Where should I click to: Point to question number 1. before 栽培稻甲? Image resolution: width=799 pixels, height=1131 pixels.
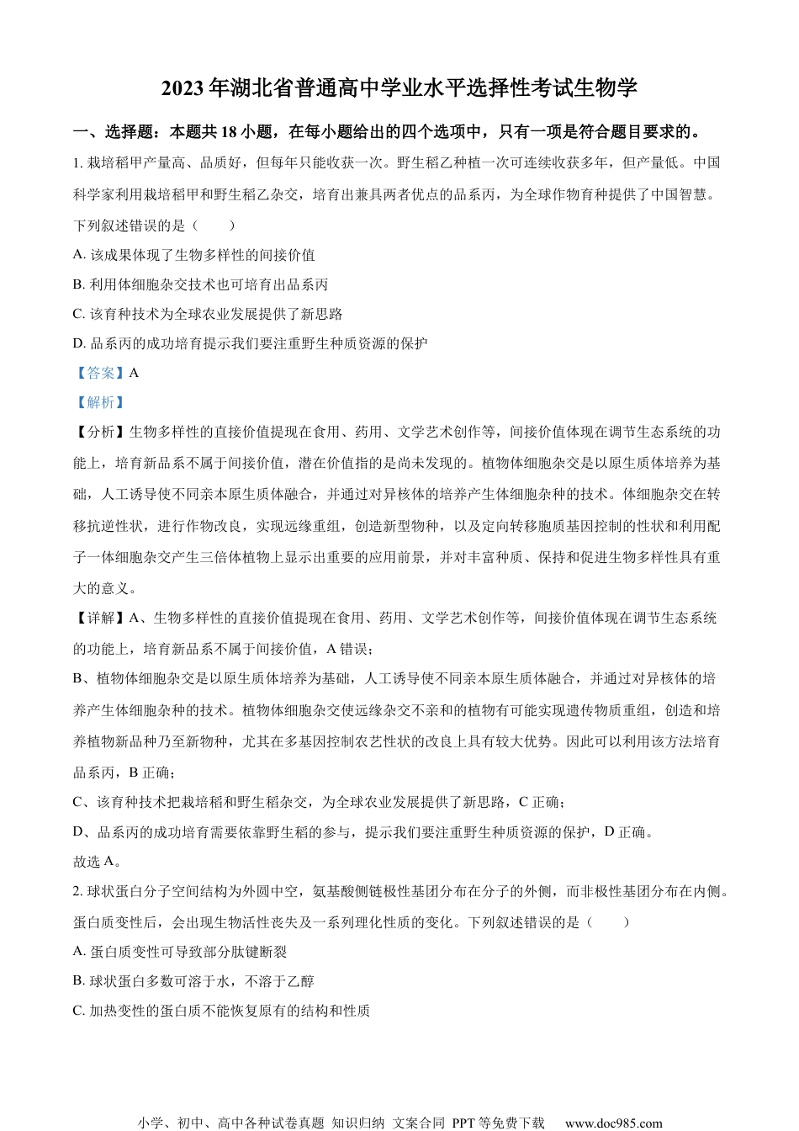(78, 162)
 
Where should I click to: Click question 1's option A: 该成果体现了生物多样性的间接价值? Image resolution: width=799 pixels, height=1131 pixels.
(194, 255)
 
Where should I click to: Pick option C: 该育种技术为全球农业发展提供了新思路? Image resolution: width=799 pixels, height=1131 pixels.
(208, 314)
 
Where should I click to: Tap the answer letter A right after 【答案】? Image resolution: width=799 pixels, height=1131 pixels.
(135, 373)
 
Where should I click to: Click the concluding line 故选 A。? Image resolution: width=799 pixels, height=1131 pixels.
(98, 861)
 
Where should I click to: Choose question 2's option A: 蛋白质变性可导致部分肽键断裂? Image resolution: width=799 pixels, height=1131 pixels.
(181, 952)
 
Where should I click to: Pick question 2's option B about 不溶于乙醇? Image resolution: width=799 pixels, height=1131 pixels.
(194, 981)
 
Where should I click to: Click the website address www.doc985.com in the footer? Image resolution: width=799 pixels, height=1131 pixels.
(613, 1123)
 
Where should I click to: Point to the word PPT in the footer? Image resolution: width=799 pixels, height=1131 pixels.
(464, 1123)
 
